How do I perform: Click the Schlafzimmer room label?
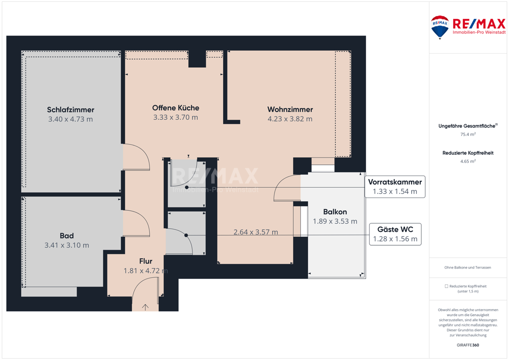click(71, 110)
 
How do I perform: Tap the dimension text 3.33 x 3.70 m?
click(176, 117)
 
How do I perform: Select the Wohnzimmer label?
click(290, 109)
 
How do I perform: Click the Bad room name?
click(67, 236)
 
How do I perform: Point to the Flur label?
click(146, 261)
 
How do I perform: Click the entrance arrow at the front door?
click(145, 307)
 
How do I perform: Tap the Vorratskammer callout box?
click(395, 187)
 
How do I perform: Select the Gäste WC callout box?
click(395, 234)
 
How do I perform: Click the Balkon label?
click(335, 211)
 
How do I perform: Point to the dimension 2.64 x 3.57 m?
click(256, 232)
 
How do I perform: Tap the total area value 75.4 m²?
click(468, 134)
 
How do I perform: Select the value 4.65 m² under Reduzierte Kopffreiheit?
click(468, 161)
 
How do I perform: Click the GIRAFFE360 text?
click(468, 345)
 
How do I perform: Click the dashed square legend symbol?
click(446, 286)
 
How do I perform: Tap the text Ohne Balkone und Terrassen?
click(468, 267)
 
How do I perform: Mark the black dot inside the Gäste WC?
click(186, 235)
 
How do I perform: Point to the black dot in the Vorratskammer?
click(187, 187)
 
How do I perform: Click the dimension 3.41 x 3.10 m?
click(67, 245)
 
